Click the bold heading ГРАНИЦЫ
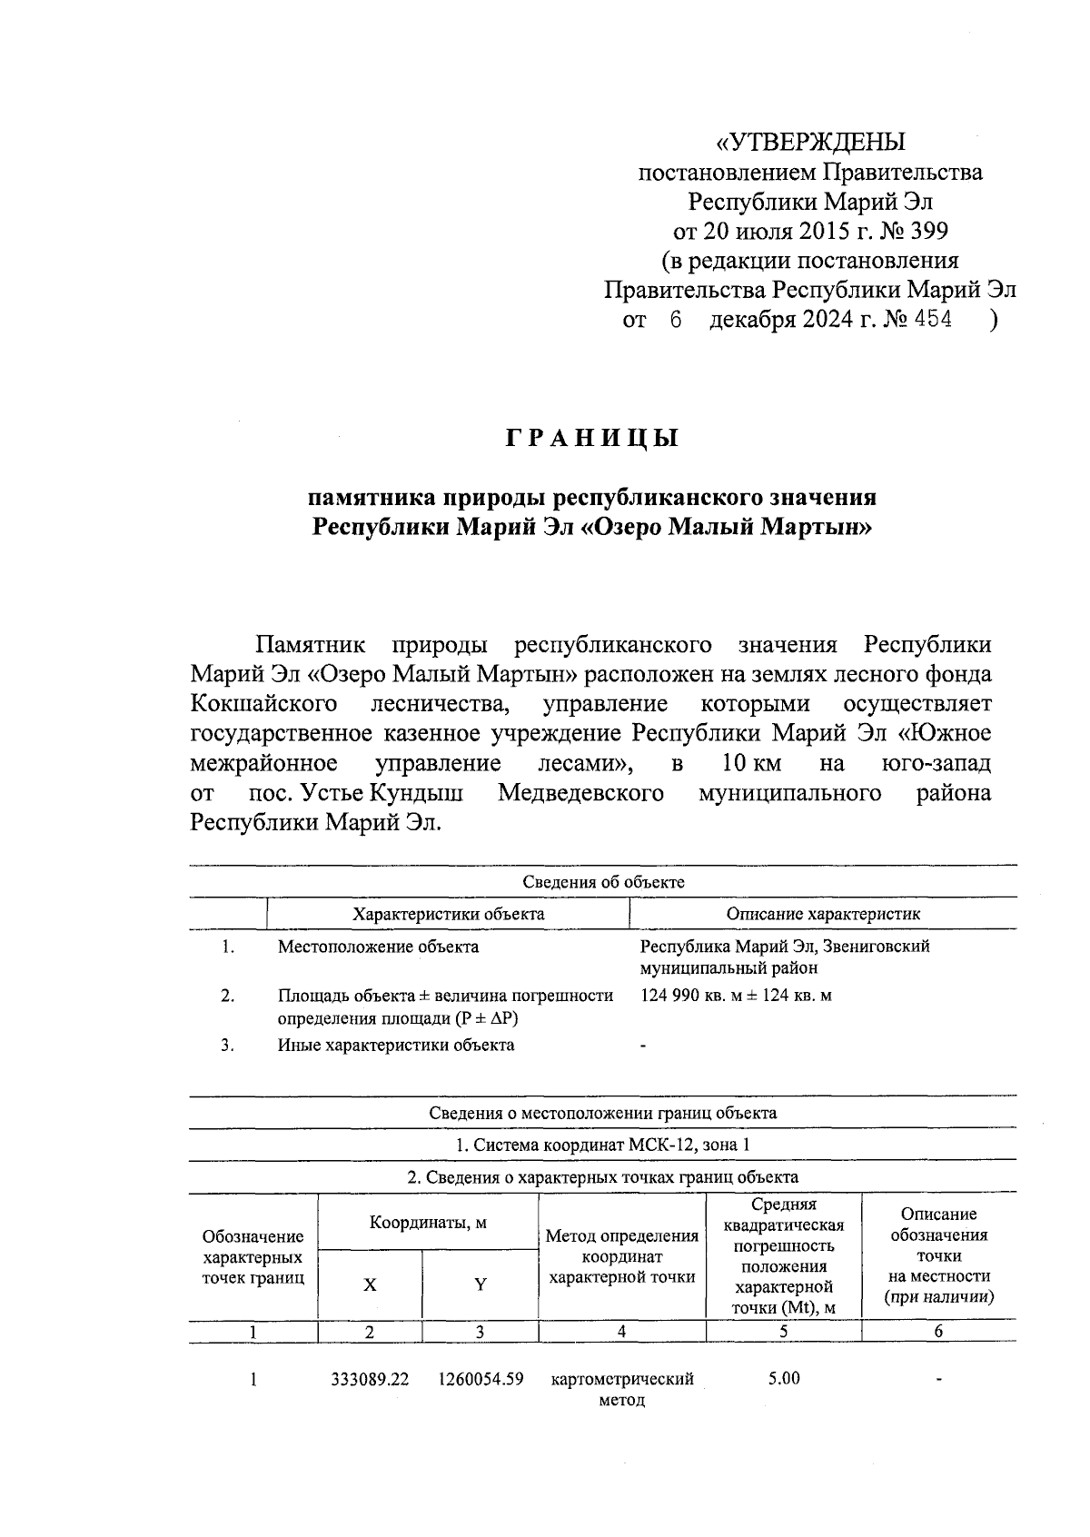592,439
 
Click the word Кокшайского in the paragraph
264,704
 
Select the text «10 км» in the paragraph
751,762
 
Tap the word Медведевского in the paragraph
580,792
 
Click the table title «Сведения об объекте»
603,882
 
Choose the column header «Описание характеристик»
823,914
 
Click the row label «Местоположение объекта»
378,947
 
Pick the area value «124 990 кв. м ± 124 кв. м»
736,996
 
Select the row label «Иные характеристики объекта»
396,1045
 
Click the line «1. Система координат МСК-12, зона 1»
603,1145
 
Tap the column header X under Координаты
370,1284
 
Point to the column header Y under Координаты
481,1284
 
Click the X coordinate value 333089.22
370,1379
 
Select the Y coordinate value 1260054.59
481,1379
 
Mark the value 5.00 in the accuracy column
783,1378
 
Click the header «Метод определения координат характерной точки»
622,1255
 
